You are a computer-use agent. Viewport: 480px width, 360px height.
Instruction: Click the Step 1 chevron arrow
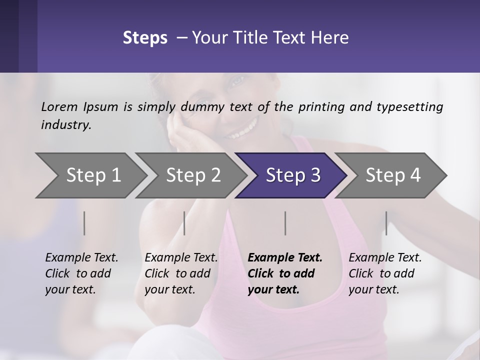click(93, 175)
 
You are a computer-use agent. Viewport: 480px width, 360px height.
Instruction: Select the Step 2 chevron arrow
click(193, 175)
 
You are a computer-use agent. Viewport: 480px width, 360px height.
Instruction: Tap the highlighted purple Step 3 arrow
click(293, 175)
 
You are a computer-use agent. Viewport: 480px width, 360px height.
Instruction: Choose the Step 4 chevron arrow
click(393, 175)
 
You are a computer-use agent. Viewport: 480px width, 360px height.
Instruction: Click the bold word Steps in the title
click(145, 38)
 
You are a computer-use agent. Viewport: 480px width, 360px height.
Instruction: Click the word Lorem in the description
click(59, 107)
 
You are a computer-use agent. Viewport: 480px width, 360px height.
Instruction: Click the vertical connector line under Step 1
click(84, 223)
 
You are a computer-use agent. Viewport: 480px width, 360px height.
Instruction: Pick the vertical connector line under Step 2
click(184, 223)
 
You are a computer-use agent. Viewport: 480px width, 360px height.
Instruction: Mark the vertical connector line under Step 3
click(285, 223)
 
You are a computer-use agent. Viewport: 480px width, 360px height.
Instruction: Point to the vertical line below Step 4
click(386, 223)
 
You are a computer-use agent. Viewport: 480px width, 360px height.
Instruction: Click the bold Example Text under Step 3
click(285, 258)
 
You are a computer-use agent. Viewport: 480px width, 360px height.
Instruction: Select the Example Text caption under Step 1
click(81, 258)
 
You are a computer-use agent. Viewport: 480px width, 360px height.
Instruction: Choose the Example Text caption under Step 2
click(181, 258)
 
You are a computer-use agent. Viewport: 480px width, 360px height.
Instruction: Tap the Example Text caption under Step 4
click(385, 258)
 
